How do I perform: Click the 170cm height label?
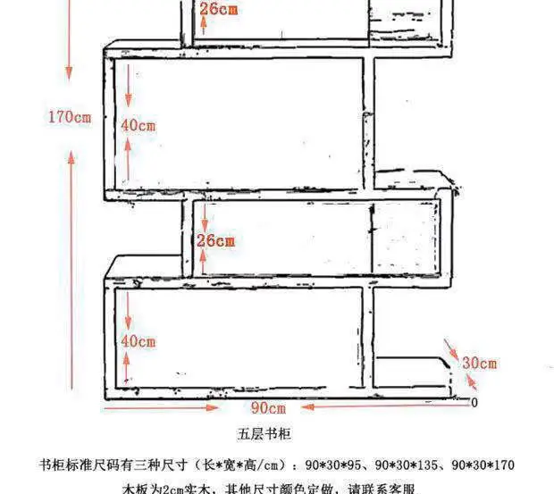(x=71, y=117)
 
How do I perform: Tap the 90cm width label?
(x=267, y=408)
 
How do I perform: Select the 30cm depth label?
(x=480, y=363)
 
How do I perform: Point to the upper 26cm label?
(x=218, y=10)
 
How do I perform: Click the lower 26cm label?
(x=215, y=241)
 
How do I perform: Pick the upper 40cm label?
(x=138, y=126)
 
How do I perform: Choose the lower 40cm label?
(x=138, y=341)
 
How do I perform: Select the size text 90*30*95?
(x=332, y=465)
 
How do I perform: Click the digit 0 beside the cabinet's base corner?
(x=474, y=402)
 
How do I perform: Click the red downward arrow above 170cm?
(x=70, y=54)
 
